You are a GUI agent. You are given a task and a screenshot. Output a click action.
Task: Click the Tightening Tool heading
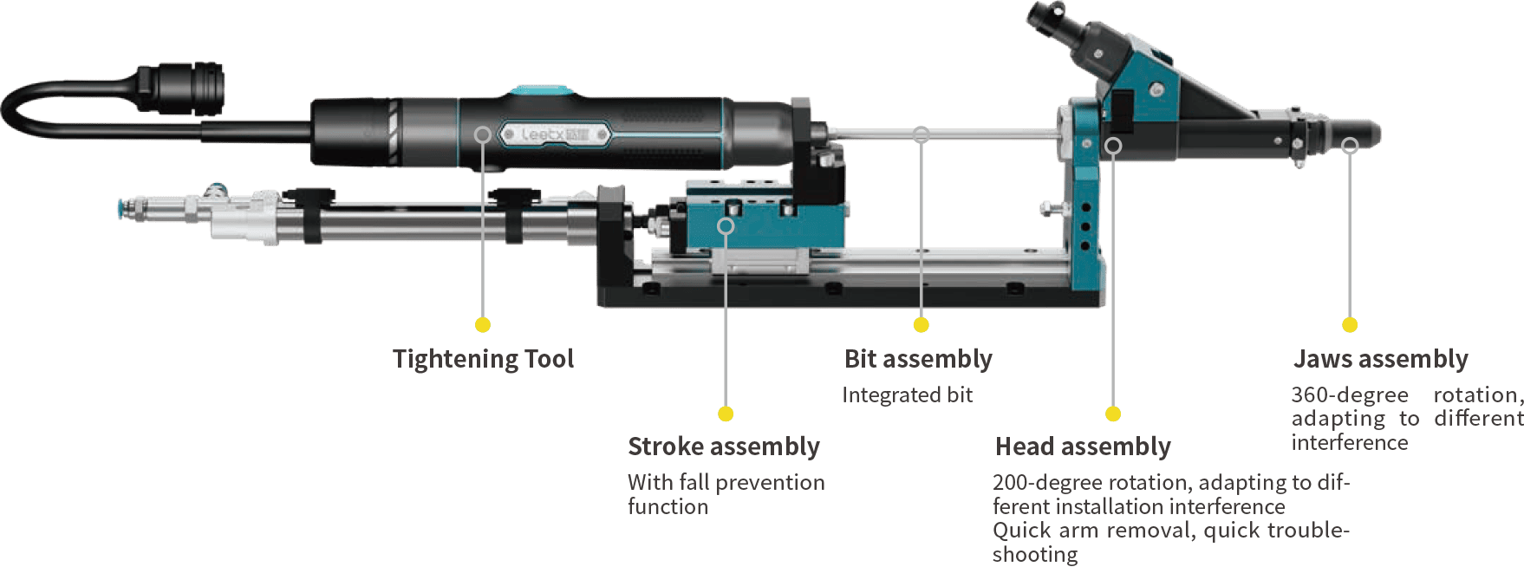click(483, 359)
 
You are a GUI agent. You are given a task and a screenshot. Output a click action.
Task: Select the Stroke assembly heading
click(724, 446)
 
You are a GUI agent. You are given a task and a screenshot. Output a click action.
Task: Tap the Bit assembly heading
click(918, 359)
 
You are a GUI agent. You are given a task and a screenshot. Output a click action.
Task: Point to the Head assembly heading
click(1083, 446)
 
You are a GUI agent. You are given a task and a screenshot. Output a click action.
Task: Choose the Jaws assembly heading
click(1381, 359)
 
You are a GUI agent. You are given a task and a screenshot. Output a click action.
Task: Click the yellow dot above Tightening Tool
click(483, 325)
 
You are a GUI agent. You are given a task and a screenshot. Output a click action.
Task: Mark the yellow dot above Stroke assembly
click(726, 414)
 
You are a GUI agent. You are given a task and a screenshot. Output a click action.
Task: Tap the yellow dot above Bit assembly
click(922, 325)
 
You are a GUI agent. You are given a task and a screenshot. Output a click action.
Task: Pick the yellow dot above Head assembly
click(1113, 414)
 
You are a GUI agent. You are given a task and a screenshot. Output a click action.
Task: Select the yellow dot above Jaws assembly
click(1350, 325)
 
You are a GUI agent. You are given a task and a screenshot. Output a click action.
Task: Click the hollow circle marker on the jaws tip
click(1350, 146)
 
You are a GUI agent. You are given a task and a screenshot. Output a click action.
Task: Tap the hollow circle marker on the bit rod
click(922, 134)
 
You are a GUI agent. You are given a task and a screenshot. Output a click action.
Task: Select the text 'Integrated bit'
click(908, 395)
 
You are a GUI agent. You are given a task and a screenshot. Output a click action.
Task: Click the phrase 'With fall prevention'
click(726, 482)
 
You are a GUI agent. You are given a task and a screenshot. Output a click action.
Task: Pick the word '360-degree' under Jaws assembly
click(1350, 395)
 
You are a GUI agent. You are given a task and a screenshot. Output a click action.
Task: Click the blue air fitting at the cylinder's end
click(124, 209)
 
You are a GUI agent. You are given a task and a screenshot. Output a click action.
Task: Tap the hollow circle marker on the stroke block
click(726, 226)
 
